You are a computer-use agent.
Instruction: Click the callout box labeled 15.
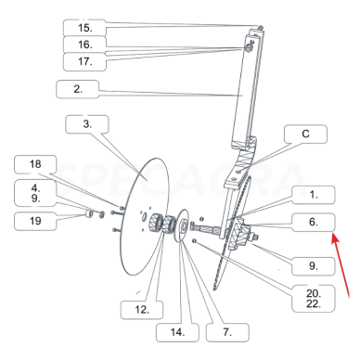point(84,28)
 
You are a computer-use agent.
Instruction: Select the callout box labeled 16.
point(84,45)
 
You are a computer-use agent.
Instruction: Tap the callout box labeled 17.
point(84,61)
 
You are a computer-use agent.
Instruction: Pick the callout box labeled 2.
point(78,89)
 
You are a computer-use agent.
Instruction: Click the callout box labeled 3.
point(87,124)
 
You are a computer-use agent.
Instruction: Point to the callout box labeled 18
point(35,164)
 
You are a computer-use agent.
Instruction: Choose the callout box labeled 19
point(35,221)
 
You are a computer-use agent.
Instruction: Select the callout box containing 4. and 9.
point(35,193)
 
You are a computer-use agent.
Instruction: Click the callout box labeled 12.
point(142,310)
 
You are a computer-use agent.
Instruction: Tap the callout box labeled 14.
point(177,332)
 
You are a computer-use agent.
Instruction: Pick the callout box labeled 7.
point(227,332)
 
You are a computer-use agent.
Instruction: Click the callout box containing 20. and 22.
point(314,299)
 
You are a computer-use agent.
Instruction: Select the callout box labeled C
point(305,134)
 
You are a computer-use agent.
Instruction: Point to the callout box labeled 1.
point(314,195)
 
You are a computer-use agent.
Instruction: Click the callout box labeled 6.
point(314,222)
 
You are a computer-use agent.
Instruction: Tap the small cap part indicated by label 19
point(89,213)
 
